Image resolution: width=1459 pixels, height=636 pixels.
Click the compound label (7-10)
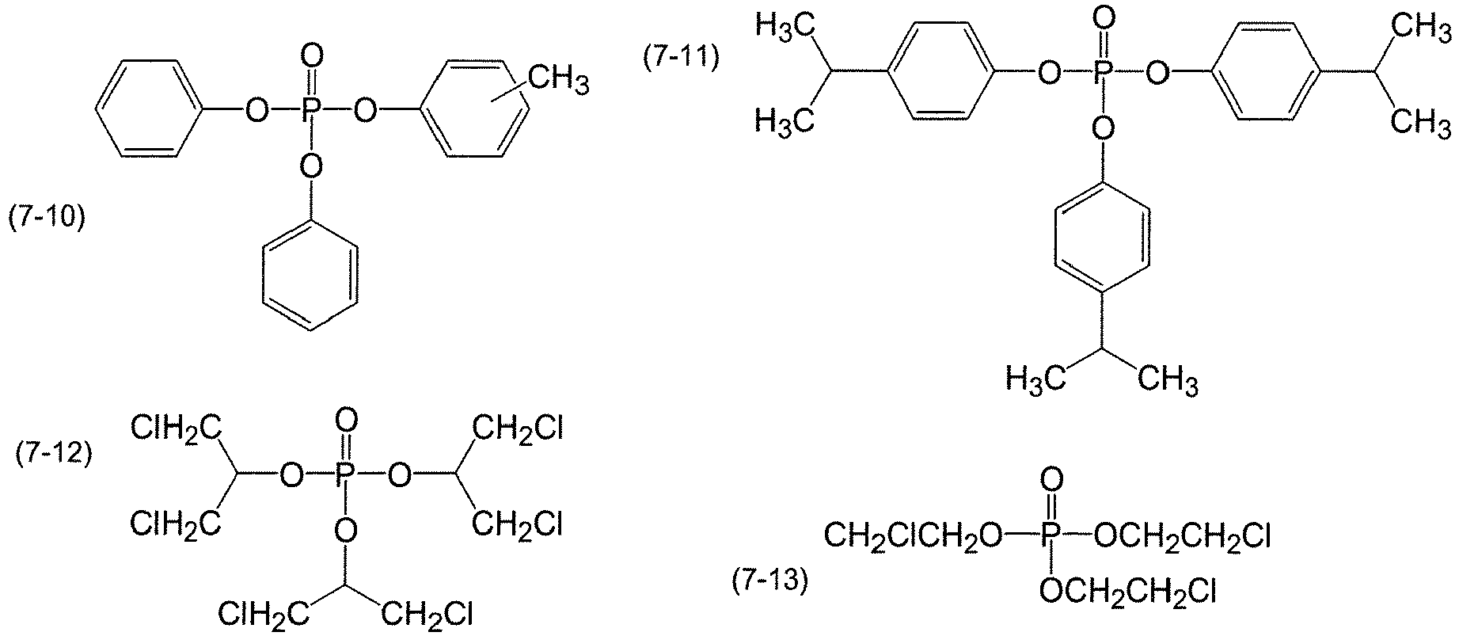(46, 218)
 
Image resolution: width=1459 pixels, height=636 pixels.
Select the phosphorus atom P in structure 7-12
(345, 476)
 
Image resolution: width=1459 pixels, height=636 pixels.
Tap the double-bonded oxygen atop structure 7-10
(313, 56)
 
